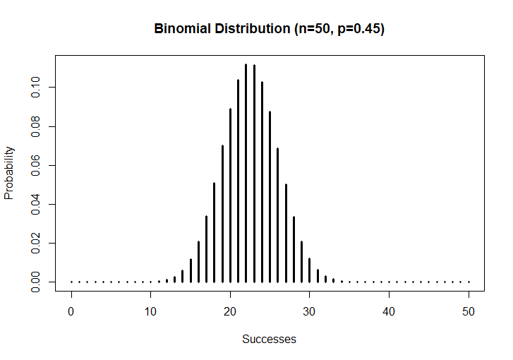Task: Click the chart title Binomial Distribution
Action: tap(269, 30)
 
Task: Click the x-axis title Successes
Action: tap(269, 339)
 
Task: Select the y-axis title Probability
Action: tap(9, 173)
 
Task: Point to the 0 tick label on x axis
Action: tap(71, 311)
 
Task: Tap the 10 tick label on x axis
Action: tap(150, 311)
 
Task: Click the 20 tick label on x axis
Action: tap(230, 311)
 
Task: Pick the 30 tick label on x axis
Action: tap(310, 311)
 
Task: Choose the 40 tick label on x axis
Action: tap(389, 311)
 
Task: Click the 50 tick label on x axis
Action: tap(469, 311)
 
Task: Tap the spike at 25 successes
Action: tap(270, 197)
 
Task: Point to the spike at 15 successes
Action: tap(191, 271)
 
